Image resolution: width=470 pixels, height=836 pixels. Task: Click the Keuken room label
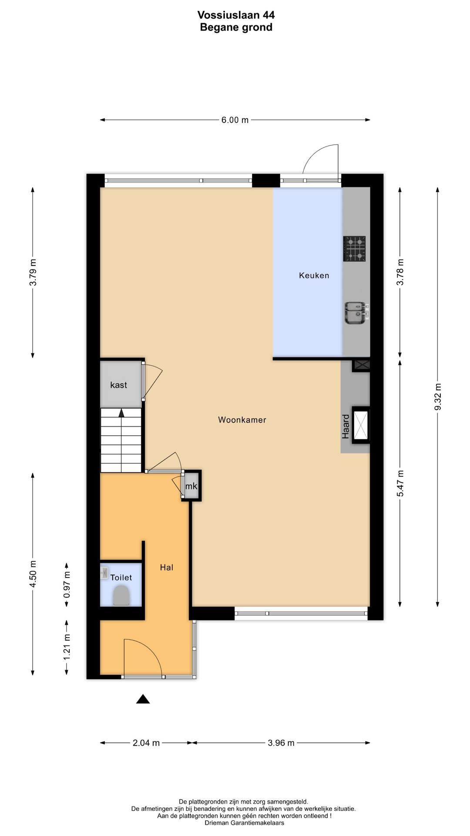coord(314,275)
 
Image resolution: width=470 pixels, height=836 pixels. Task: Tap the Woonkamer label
coord(242,420)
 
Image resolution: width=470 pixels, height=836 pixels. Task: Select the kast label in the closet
coord(118,385)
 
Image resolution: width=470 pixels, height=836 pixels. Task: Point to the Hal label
coord(167,567)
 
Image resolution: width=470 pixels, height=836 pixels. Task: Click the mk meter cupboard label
coord(191,486)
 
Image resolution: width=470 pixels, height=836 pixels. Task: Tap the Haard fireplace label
coord(346,426)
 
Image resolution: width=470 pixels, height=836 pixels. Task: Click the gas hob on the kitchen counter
coord(354,249)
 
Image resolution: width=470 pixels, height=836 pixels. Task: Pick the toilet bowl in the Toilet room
coord(121,595)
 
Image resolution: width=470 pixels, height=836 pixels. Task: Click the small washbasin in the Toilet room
coord(104,573)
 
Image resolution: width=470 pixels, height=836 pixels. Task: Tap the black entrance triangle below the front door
coord(143,699)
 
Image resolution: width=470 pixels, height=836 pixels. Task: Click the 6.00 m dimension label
coord(235,120)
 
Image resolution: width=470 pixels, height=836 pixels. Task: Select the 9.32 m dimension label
coord(438,396)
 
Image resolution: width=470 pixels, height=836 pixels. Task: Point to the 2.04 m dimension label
coord(146,743)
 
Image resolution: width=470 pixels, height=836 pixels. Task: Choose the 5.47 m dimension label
coord(400,483)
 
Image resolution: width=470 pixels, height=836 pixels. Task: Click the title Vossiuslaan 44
coord(236,15)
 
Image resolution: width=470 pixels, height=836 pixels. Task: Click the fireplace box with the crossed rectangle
coord(361,425)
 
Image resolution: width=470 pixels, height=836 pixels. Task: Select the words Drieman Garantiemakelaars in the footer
coord(244,823)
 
